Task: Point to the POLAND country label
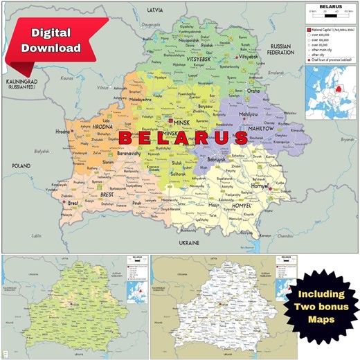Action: tap(21, 165)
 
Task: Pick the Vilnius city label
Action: tap(103, 89)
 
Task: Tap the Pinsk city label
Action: tap(138, 203)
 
